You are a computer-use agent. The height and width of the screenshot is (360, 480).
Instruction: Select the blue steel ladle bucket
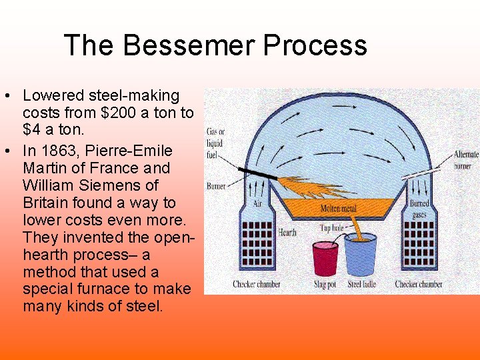click(361, 256)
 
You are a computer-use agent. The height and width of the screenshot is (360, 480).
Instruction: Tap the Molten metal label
click(338, 209)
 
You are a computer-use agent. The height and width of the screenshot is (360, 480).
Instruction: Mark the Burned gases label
click(419, 208)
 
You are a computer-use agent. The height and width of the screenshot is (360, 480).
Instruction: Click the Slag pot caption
click(326, 285)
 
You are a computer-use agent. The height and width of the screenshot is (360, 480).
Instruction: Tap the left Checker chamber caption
click(256, 285)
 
